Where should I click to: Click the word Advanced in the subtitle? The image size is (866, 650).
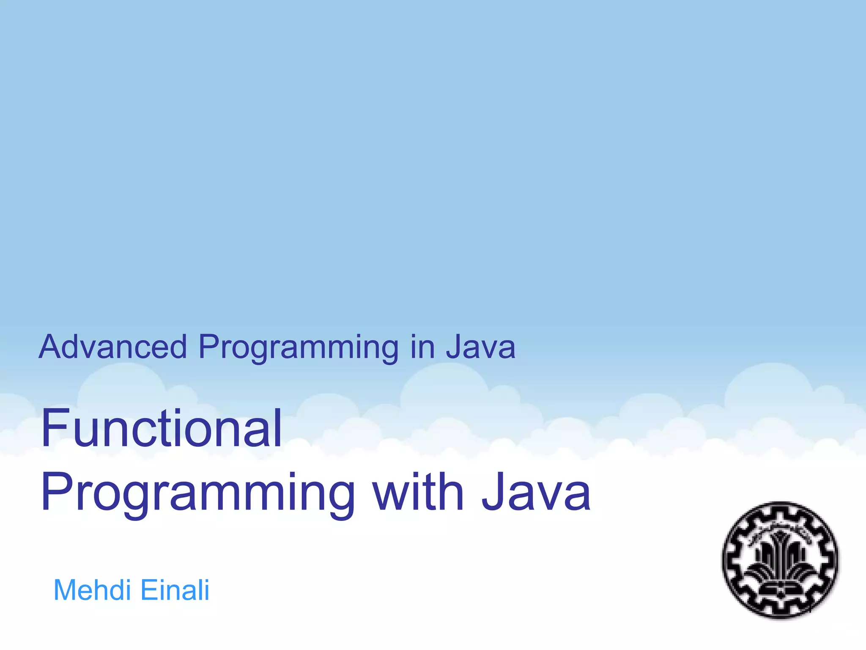(112, 347)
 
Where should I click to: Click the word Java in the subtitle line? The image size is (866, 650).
(481, 347)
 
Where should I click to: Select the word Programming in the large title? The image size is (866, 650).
(198, 493)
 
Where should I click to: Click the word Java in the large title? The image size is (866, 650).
(536, 492)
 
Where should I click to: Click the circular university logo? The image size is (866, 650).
(780, 560)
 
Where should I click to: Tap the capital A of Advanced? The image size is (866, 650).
(50, 347)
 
